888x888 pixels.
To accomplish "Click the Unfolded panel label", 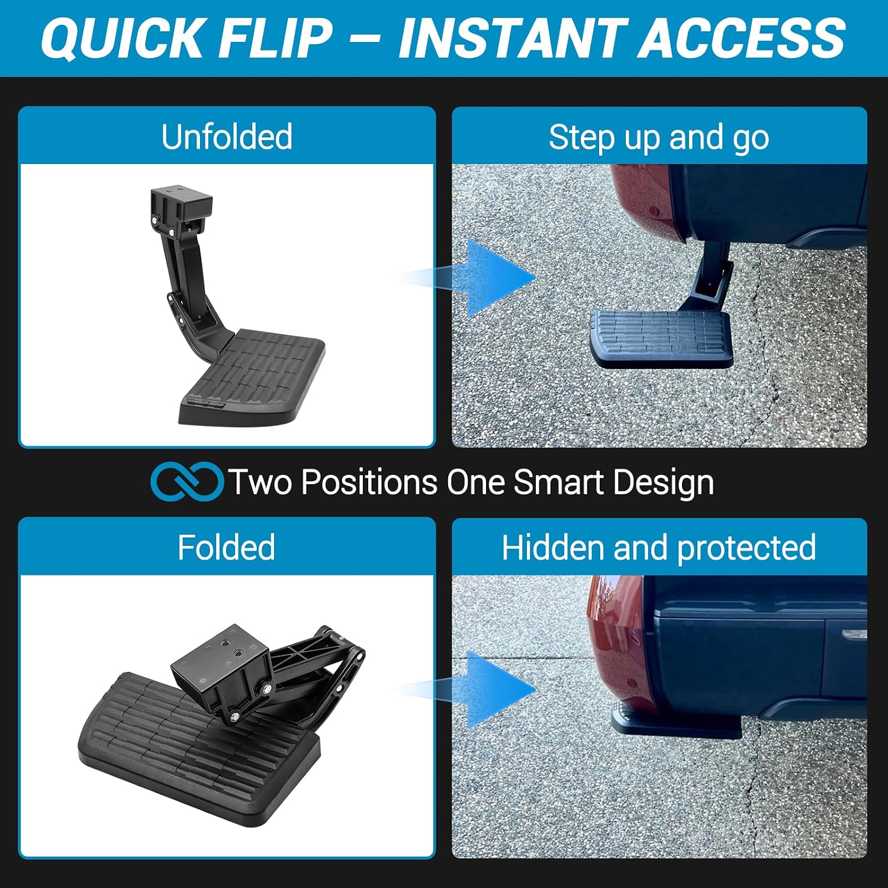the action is pos(227,137).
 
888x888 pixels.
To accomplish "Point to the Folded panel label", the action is pos(226,547).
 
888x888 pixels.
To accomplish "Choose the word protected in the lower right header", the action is pos(747,548).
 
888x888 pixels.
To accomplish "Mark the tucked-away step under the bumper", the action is pos(676,722).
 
